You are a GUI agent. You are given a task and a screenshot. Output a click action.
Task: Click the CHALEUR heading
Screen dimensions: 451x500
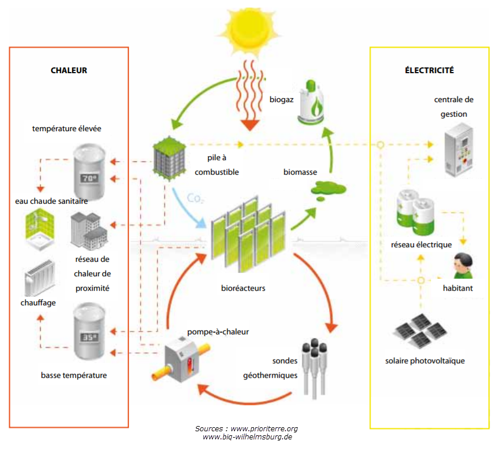[x=69, y=70]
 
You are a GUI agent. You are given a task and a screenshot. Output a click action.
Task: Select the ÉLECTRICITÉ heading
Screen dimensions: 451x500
[x=429, y=70]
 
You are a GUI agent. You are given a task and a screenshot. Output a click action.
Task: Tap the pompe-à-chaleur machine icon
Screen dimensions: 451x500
[x=178, y=359]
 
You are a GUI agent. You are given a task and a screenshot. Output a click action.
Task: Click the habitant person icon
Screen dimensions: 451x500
[x=463, y=266]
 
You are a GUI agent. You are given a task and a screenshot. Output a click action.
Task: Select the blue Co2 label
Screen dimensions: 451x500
[x=196, y=199]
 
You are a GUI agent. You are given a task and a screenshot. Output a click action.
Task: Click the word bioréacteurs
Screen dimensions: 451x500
[x=243, y=287]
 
